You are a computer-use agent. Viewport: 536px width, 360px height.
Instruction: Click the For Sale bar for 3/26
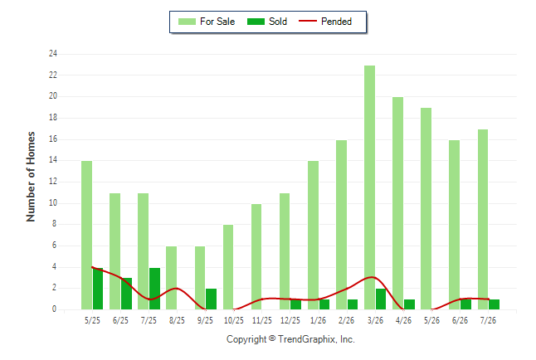point(369,187)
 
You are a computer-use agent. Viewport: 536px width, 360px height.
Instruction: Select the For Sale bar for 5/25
point(87,236)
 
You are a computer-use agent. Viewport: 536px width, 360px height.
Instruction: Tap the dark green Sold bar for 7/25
point(154,289)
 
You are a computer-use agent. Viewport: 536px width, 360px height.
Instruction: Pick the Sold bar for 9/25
point(211,299)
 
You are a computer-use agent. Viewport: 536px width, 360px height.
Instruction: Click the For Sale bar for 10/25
point(228,267)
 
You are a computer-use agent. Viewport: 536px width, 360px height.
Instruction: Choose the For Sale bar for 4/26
point(398,203)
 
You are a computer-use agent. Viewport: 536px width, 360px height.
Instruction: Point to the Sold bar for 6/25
point(126,294)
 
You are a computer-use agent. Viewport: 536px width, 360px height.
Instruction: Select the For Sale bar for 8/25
point(172,278)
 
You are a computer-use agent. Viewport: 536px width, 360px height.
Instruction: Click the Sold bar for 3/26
point(381,299)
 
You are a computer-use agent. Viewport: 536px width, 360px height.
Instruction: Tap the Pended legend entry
point(325,22)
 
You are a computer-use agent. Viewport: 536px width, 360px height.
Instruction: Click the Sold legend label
point(278,22)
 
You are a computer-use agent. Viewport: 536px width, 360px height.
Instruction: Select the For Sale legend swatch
point(187,22)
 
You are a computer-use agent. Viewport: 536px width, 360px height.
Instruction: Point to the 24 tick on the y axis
point(53,53)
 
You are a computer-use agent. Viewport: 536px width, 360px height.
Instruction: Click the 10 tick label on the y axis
point(53,202)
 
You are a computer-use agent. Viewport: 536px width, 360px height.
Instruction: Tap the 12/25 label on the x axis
point(290,321)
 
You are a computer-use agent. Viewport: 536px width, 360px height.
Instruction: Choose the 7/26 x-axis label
point(488,321)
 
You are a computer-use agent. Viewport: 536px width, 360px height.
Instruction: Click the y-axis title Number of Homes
point(31,177)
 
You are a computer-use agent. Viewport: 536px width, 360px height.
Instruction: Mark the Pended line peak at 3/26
point(373,277)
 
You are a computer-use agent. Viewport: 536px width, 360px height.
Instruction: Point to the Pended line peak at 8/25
point(176,288)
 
